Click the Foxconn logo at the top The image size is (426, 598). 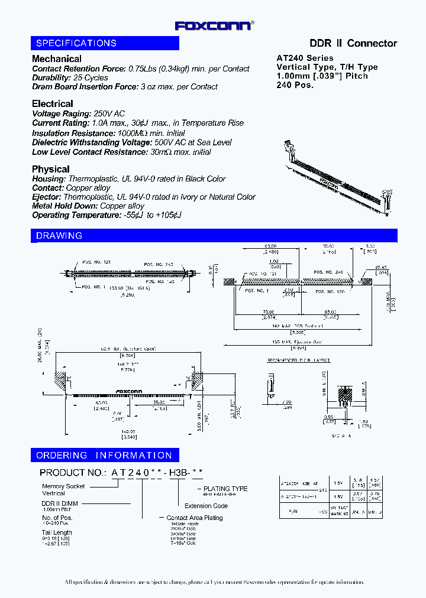[214, 25]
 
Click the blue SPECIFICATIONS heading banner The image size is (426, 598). [105, 43]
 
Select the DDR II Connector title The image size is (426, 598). [353, 43]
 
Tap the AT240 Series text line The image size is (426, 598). [305, 58]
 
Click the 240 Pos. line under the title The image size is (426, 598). [295, 84]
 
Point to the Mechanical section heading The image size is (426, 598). [57, 58]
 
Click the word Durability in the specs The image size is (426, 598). [50, 77]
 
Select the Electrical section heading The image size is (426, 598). [53, 103]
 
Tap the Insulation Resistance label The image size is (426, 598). [70, 133]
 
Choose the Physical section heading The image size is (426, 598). [51, 169]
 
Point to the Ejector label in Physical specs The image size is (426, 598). [46, 197]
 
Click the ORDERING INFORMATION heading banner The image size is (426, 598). [105, 455]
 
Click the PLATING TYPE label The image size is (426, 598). [225, 489]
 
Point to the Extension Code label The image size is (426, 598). [206, 506]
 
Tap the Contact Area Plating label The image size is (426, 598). [195, 518]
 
